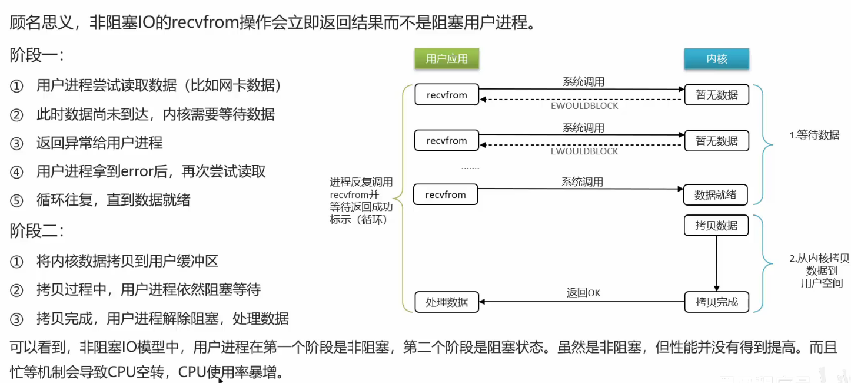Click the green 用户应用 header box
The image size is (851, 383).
[x=447, y=59]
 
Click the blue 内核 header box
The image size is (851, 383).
[x=716, y=59]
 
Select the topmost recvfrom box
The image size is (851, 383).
[x=446, y=95]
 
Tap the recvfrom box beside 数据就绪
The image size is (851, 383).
[x=446, y=194]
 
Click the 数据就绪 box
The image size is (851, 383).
[x=716, y=194]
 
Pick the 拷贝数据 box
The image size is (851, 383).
[x=716, y=226]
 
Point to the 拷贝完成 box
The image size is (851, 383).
[x=716, y=302]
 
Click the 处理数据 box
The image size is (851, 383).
[x=447, y=302]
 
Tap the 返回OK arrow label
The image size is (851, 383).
[x=583, y=293]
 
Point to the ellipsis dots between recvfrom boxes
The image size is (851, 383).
[x=470, y=167]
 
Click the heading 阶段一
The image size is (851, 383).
[x=36, y=56]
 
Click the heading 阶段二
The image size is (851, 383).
[x=36, y=230]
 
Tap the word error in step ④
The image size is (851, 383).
[x=137, y=171]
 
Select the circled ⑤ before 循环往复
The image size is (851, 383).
[x=16, y=201]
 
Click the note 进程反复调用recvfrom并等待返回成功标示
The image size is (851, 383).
[x=361, y=201]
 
